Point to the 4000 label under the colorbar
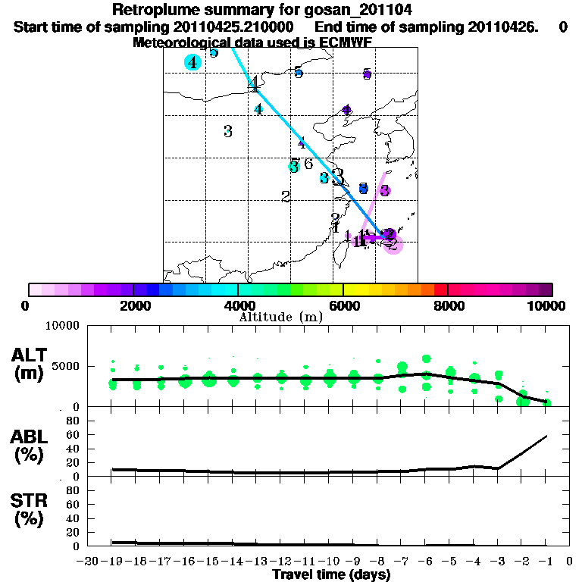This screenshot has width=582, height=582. (238, 305)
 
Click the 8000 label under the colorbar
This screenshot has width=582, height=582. (448, 305)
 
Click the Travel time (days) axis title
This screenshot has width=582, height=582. (331, 575)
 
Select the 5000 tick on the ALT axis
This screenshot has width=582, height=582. (65, 366)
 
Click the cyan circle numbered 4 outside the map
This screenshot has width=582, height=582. (193, 62)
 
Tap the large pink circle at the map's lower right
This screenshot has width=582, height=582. (394, 243)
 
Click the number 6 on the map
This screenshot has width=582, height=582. (308, 164)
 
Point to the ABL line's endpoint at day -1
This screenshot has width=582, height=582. (547, 436)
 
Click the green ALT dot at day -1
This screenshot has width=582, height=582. (547, 402)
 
